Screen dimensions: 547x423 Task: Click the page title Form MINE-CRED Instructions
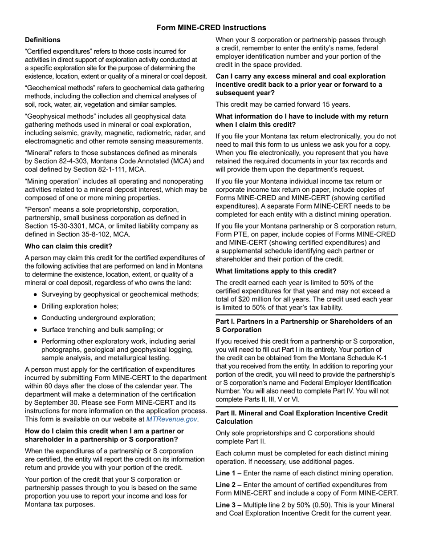click(211, 28)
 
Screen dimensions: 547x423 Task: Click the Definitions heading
click(43, 40)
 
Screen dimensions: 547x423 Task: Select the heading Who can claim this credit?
click(69, 246)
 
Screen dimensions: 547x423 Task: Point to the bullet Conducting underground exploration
click(98, 318)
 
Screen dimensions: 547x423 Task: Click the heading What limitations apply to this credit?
click(276, 271)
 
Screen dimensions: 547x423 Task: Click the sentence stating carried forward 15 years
click(283, 105)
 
